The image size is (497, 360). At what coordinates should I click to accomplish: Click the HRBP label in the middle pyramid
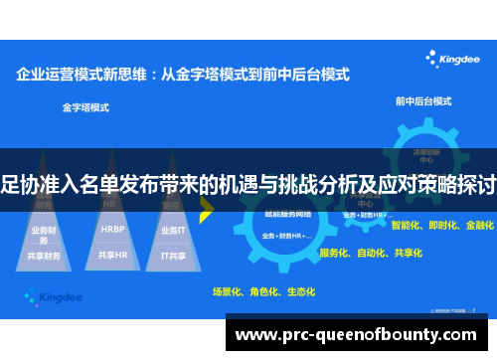(x=112, y=228)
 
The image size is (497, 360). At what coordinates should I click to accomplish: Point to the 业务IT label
(x=172, y=228)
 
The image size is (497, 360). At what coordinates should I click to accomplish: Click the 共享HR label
(x=112, y=255)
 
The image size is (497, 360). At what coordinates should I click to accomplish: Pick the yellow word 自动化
(x=373, y=253)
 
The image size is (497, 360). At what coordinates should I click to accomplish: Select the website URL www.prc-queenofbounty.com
(x=359, y=335)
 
